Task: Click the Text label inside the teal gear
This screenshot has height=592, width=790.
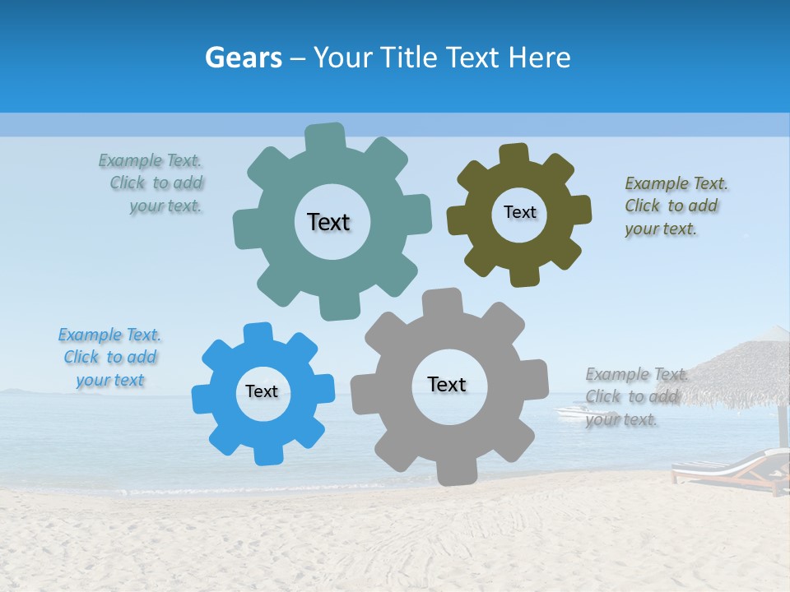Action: coord(328,222)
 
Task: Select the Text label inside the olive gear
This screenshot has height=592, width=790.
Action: coord(519,212)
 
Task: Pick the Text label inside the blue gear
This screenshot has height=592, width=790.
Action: coord(262,391)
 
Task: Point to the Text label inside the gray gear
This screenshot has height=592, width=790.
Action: coord(447,384)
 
